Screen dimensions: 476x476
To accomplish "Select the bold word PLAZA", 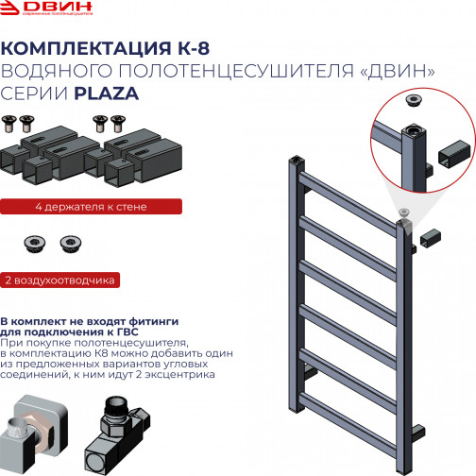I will click(x=112, y=93).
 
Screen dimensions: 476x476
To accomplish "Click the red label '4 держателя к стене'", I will click(x=76, y=206).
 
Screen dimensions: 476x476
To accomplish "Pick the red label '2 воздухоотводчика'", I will click(x=59, y=280).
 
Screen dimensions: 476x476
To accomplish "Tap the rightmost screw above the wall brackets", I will click(x=117, y=122).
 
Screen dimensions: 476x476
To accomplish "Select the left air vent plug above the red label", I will click(x=34, y=245).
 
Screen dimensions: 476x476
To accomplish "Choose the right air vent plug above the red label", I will click(x=68, y=245).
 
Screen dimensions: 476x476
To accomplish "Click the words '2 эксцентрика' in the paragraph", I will click(x=187, y=374).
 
